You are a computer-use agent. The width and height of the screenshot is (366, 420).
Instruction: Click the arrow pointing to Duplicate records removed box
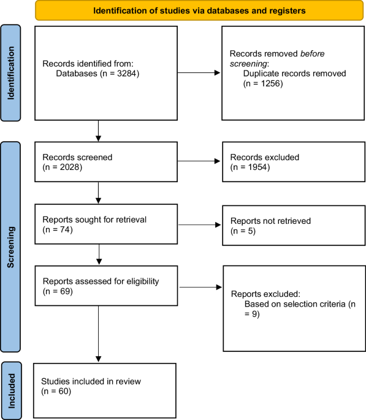point(199,73)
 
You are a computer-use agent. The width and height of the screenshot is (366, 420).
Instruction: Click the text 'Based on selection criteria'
point(292,305)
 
